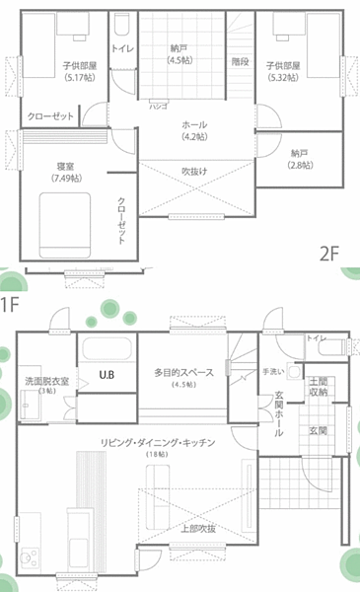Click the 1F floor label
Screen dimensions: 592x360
pyautogui.click(x=11, y=302)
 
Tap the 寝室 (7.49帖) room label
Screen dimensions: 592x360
pyautogui.click(x=66, y=171)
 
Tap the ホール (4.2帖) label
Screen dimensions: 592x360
pyautogui.click(x=194, y=130)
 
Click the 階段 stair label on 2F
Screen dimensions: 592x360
pyautogui.click(x=240, y=61)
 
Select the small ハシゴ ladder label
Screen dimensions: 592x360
pyautogui.click(x=158, y=104)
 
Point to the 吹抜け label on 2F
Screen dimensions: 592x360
pyautogui.click(x=194, y=171)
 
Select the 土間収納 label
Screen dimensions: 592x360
pyautogui.click(x=319, y=386)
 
